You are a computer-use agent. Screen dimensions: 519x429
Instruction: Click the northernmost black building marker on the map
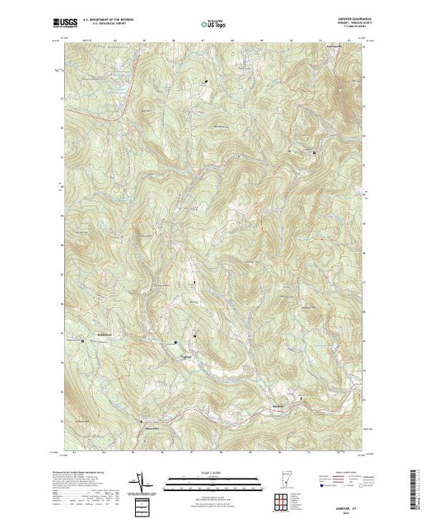[x=207, y=80]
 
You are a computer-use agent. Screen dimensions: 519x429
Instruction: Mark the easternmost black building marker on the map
[x=314, y=153]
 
